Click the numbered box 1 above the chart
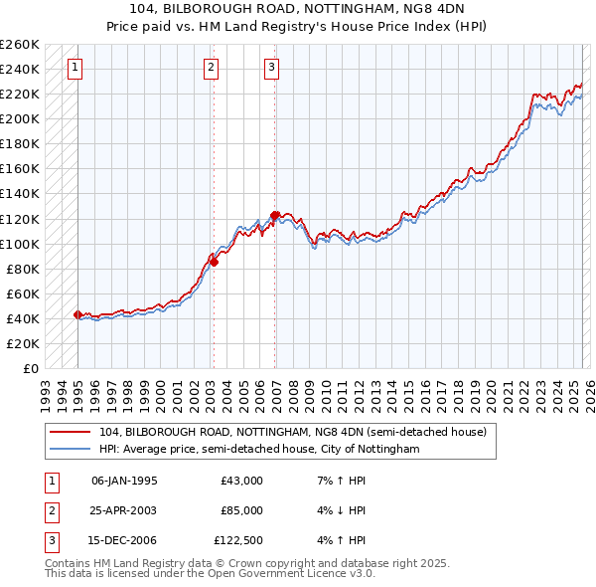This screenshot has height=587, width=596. tap(75, 68)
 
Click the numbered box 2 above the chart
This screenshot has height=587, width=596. tap(212, 68)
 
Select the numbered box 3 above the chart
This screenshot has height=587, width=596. tap(271, 68)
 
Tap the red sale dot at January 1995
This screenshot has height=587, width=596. tap(77, 314)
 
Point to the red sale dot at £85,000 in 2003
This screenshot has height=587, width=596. tap(214, 262)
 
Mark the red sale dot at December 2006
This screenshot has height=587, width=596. tap(274, 215)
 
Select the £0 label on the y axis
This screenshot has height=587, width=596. tap(30, 368)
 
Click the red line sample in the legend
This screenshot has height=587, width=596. tap(70, 432)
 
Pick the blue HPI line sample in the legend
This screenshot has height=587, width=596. tap(70, 449)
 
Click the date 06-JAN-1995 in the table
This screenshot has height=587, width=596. tap(124, 481)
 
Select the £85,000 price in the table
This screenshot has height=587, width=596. tap(242, 511)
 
